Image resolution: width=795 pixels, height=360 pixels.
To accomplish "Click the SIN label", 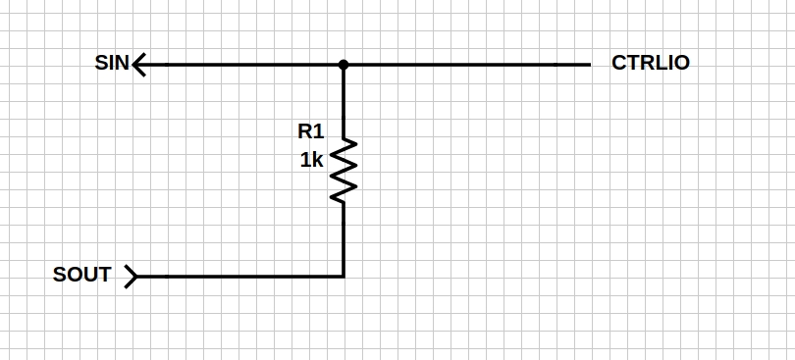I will (x=111, y=64).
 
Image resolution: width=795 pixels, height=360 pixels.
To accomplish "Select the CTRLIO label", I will (x=650, y=63).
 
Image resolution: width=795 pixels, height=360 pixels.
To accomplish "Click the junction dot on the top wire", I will (x=344, y=65).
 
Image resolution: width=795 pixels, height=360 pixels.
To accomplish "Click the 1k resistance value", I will (x=311, y=160).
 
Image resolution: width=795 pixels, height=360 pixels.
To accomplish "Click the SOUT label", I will (x=81, y=275).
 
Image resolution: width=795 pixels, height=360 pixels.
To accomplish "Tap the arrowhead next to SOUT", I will (x=132, y=277).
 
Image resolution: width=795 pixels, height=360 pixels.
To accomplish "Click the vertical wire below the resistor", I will (x=344, y=239).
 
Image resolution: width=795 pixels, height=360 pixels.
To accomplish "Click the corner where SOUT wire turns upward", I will (x=344, y=277).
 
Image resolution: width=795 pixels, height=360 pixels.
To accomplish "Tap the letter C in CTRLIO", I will (x=618, y=63).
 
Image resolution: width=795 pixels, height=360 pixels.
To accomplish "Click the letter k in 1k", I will (x=317, y=160).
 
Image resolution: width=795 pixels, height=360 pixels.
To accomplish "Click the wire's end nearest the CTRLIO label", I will (x=588, y=65).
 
